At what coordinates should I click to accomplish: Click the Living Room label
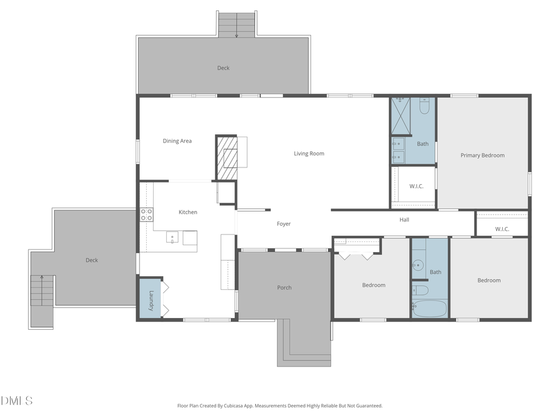tap(309, 154)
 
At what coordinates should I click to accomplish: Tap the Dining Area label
tap(177, 141)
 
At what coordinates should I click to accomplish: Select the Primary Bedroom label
tap(482, 156)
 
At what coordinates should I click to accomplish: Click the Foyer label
tap(284, 224)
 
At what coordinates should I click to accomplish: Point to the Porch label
tap(284, 287)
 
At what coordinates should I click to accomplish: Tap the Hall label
tap(404, 220)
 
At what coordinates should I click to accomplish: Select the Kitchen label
tap(188, 212)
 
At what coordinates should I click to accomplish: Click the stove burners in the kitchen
tap(147, 215)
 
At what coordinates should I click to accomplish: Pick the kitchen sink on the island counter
tap(172, 237)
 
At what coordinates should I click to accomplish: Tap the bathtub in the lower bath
tap(429, 309)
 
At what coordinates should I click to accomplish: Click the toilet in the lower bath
tap(421, 290)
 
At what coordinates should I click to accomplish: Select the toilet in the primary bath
tap(424, 106)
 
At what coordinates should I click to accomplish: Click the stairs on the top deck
tap(237, 24)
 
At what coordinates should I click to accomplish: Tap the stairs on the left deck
tap(42, 290)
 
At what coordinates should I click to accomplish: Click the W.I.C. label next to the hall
tap(502, 229)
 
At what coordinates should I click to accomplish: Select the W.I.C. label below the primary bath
tap(416, 186)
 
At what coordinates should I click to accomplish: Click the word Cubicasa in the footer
tap(253, 406)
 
